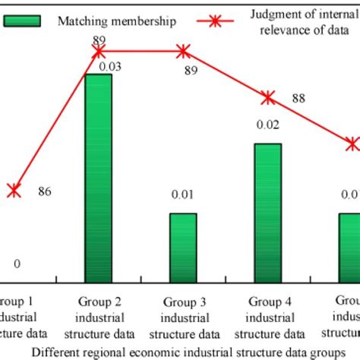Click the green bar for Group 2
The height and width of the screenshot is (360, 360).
pos(98,174)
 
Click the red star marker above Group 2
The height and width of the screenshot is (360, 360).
pos(98,52)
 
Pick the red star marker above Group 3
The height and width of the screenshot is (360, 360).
pos(183,52)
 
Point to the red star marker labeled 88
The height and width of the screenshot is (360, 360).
pos(267,97)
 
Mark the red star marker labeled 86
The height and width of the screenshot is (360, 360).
pos(13,191)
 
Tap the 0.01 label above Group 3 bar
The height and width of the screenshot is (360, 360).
pos(182,195)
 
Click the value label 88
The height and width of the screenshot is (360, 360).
pos(298,98)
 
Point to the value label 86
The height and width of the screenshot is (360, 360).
pos(44,191)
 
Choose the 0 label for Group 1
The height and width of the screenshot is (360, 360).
pos(17,264)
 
